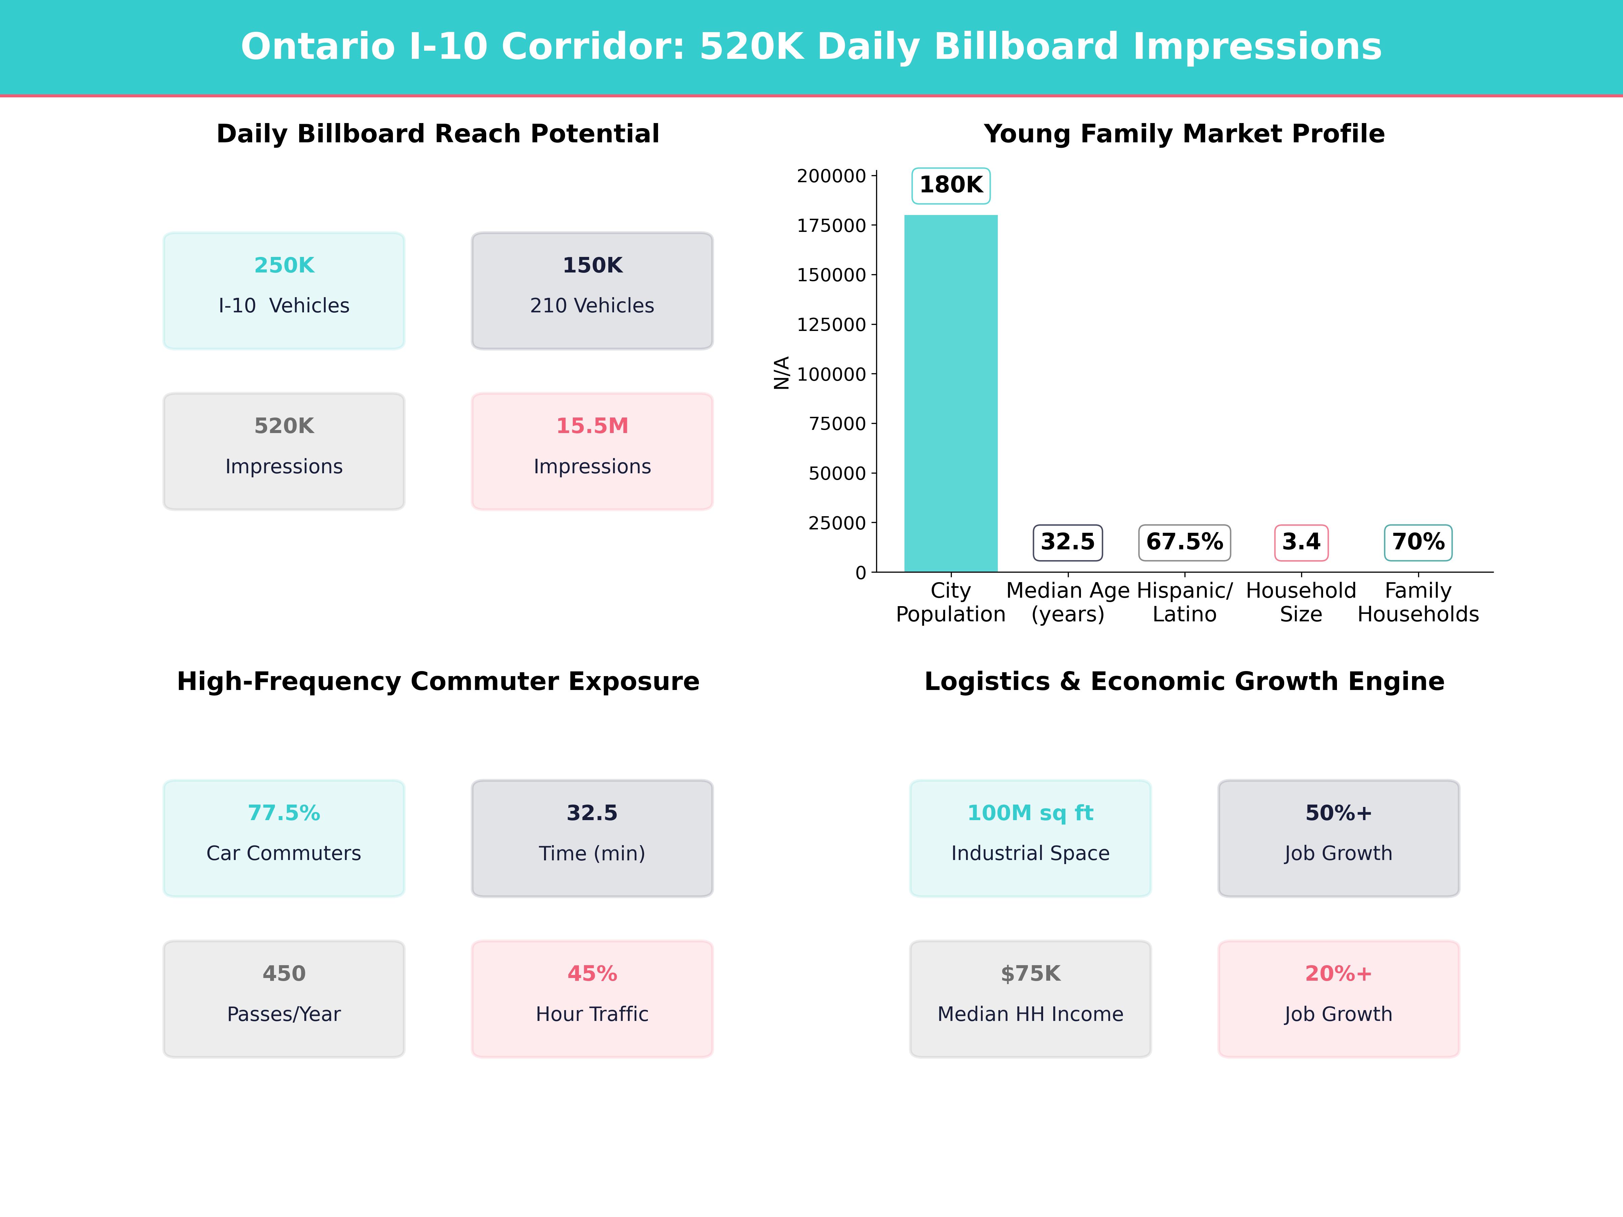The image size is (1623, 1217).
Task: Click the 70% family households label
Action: pos(1417,542)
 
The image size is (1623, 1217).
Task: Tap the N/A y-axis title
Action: pos(781,373)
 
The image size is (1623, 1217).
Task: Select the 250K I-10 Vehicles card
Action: pos(284,290)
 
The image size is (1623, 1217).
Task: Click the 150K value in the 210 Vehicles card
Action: pos(592,266)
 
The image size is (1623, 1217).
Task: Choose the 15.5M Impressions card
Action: pos(592,451)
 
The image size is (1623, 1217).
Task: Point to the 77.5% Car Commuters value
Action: pos(284,813)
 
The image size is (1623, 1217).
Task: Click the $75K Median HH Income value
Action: pos(1030,974)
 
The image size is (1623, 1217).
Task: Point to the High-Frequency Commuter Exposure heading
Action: pos(438,682)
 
